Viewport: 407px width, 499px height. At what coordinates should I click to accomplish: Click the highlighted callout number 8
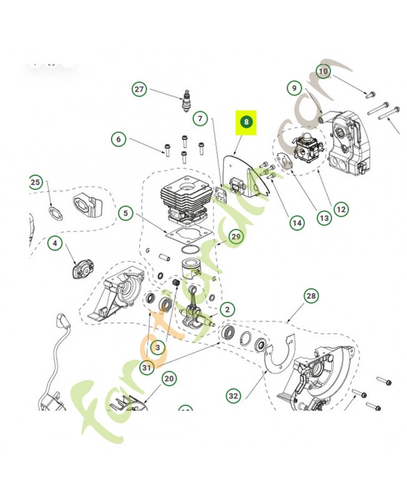click(247, 122)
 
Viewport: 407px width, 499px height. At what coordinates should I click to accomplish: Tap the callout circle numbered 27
click(139, 90)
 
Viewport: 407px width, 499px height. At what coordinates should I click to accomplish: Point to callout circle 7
click(199, 118)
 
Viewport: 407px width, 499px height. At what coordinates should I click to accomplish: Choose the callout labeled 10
click(323, 72)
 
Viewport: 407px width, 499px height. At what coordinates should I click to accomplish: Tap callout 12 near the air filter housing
click(341, 210)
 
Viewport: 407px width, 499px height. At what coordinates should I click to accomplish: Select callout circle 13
click(324, 218)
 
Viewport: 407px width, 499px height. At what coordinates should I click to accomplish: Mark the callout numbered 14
click(296, 223)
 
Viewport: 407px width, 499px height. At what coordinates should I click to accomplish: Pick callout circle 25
click(35, 182)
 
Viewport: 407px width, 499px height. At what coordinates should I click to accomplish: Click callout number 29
click(235, 236)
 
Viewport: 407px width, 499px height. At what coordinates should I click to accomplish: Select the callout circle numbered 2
click(227, 309)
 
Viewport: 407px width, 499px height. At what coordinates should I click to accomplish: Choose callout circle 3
click(158, 347)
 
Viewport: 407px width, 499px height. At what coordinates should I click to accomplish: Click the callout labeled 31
click(147, 368)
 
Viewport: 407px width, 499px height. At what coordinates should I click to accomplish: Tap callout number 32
click(233, 395)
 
